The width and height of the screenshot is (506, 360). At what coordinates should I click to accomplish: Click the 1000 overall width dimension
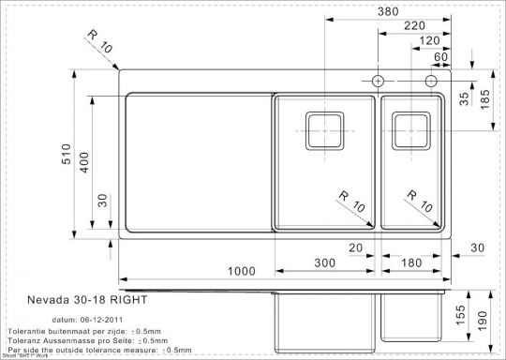(241, 271)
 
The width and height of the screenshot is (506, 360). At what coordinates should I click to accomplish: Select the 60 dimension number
(439, 56)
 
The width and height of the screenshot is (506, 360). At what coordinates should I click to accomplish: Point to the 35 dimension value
(465, 99)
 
